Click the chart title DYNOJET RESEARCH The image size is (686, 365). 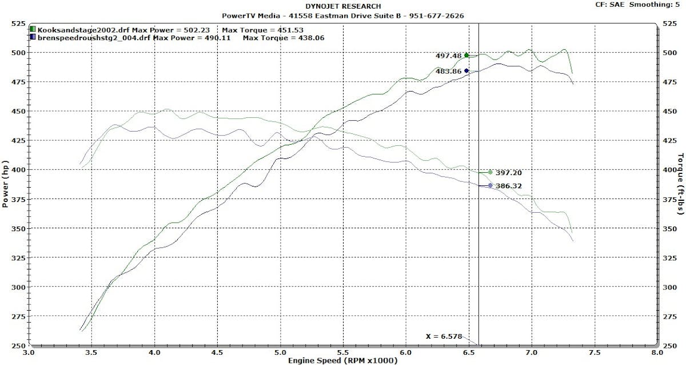click(x=343, y=6)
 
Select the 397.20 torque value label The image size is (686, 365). click(x=509, y=172)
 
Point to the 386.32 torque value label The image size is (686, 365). click(x=509, y=186)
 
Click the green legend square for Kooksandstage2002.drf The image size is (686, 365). click(x=34, y=29)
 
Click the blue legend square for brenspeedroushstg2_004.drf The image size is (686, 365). click(x=34, y=37)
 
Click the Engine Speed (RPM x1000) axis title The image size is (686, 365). click(x=343, y=360)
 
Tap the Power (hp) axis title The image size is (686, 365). click(x=6, y=184)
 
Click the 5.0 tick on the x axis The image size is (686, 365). click(x=280, y=353)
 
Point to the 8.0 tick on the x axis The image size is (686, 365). click(x=657, y=353)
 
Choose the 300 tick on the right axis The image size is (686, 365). click(x=668, y=287)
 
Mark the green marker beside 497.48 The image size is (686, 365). click(x=466, y=55)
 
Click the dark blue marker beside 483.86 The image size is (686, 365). click(x=466, y=71)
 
